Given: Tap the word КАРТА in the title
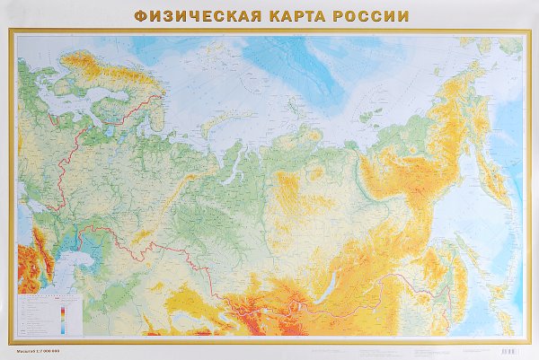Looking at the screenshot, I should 287,15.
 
